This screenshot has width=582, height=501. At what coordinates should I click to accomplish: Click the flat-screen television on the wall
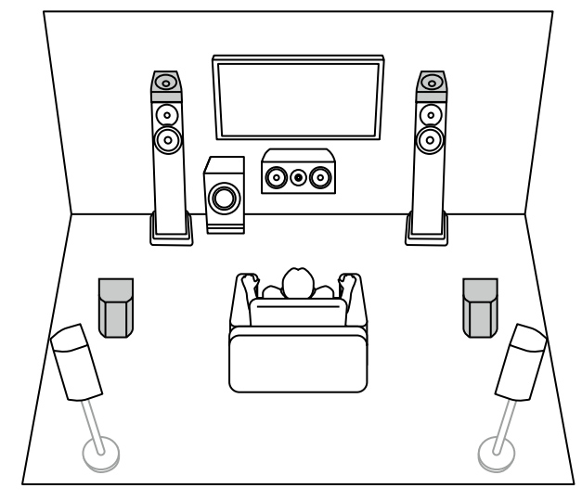[297, 97]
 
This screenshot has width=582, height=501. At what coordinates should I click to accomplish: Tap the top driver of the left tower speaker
[167, 81]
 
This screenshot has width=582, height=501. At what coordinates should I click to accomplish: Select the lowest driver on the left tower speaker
[168, 140]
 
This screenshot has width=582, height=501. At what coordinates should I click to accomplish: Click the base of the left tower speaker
[172, 230]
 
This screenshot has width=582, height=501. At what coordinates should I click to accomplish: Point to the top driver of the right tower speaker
[429, 81]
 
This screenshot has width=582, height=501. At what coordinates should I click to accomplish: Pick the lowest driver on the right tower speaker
[429, 140]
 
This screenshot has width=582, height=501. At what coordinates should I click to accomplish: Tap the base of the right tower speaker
[427, 230]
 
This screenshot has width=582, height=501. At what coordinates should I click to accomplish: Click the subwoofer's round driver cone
[223, 198]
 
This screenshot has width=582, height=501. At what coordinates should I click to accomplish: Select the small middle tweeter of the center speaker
[297, 173]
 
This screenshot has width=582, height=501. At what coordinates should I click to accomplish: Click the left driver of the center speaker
[276, 173]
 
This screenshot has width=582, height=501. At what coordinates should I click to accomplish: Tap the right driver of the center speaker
[319, 173]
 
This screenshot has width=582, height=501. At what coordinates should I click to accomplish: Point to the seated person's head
[297, 282]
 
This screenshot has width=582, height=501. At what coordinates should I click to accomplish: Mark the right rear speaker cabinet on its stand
[521, 361]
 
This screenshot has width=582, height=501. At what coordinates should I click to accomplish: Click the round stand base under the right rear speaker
[496, 453]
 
